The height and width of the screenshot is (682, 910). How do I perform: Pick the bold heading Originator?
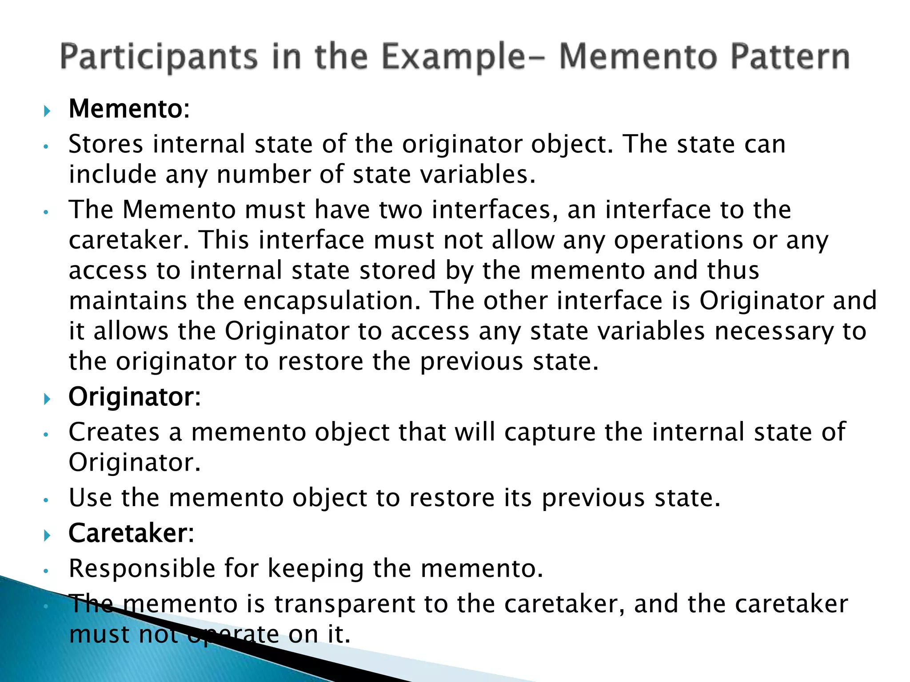coord(135,397)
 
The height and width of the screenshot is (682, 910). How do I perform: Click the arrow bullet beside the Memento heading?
coord(48,111)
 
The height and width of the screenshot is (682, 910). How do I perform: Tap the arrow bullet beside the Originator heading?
coord(48,398)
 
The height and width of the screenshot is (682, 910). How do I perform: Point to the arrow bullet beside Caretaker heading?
coord(48,535)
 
